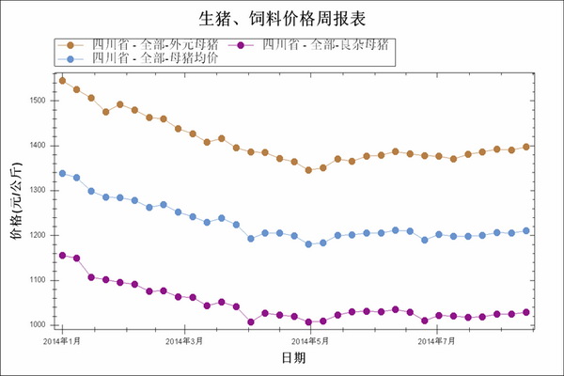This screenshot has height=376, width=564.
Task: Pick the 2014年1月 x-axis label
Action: (x=62, y=340)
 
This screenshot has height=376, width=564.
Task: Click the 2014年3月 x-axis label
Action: (x=185, y=340)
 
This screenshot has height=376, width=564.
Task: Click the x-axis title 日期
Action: (x=293, y=358)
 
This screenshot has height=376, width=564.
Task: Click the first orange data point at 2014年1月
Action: (x=62, y=81)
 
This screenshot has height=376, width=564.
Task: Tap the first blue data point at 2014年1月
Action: (x=62, y=173)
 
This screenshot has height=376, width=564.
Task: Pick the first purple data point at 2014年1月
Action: (x=62, y=255)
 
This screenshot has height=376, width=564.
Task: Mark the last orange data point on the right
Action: (x=526, y=147)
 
